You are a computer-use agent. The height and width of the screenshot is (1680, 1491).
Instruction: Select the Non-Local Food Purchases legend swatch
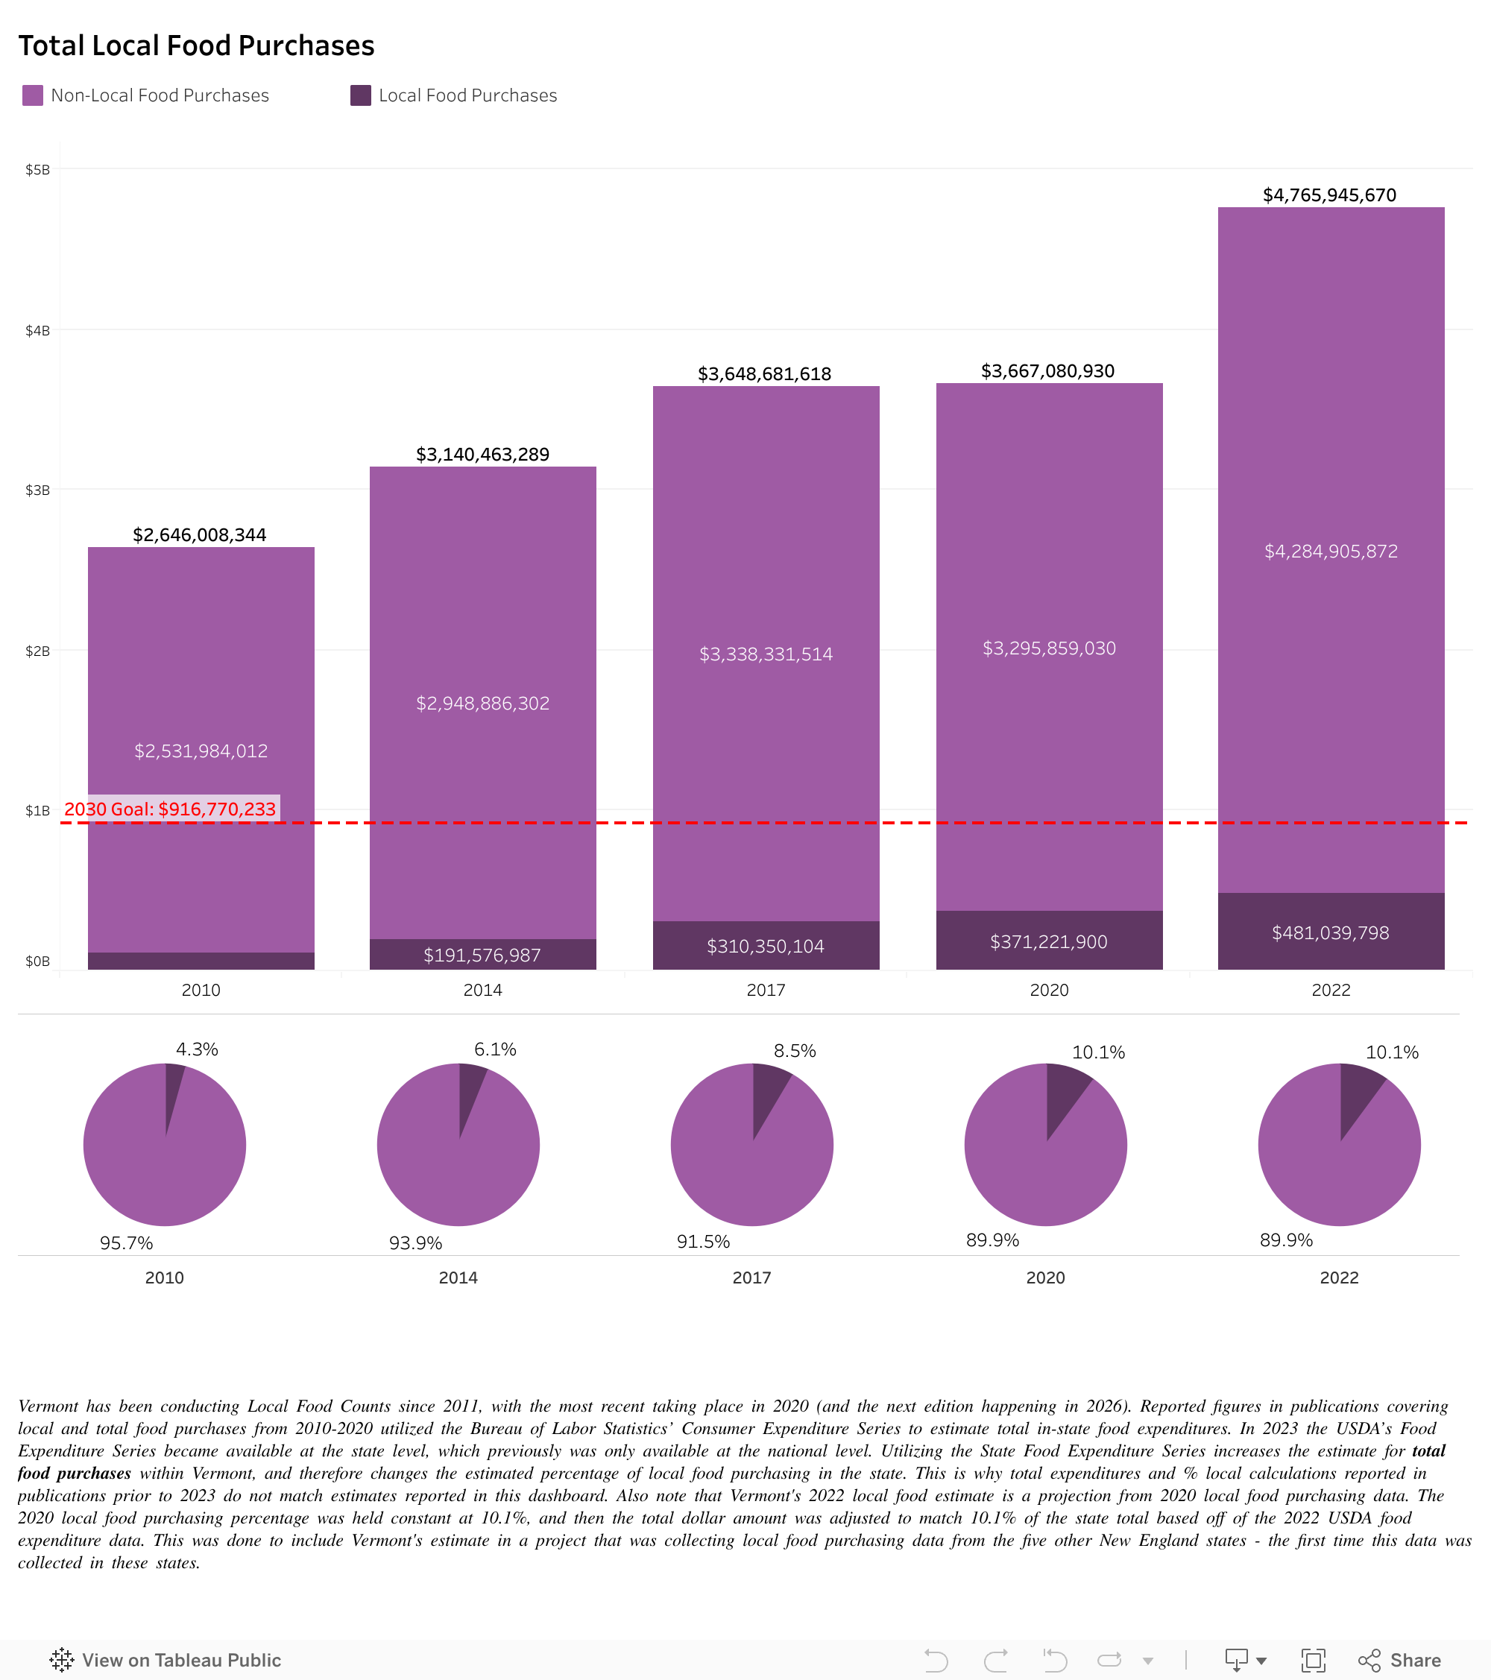pos(33,95)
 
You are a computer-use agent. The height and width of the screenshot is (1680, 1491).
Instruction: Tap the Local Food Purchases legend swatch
pos(360,95)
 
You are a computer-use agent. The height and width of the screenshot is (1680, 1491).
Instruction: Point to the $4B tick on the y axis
pos(38,330)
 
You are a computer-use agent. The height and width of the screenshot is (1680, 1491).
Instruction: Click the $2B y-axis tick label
pos(38,651)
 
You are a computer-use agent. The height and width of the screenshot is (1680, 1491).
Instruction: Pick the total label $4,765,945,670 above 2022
pos(1329,195)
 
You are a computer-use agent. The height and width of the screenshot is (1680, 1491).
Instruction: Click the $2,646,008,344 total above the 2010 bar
pos(200,535)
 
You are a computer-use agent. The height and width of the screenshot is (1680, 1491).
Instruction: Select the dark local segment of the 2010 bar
pos(201,960)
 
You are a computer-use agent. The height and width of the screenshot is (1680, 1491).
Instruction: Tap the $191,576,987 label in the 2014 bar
pos(482,955)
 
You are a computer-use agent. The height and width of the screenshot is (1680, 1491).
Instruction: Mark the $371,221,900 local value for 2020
pos(1048,942)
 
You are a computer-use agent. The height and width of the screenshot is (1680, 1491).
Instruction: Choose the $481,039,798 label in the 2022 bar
pos(1330,933)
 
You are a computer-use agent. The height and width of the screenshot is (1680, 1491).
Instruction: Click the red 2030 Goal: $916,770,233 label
pos(170,809)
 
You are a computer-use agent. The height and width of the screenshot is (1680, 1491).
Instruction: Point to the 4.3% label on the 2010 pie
pos(197,1049)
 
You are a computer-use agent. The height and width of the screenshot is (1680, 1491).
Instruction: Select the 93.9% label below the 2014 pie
pos(415,1242)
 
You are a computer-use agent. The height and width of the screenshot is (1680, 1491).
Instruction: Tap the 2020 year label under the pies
pos(1044,1278)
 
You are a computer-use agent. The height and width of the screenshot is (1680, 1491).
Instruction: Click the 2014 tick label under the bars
pos(482,990)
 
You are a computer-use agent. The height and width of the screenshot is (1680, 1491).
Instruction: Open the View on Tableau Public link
pos(166,1661)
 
